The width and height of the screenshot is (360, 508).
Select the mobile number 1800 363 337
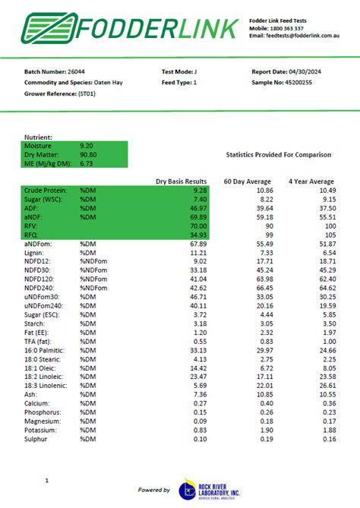pyautogui.click(x=288, y=27)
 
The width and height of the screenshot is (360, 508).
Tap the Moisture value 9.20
pyautogui.click(x=87, y=144)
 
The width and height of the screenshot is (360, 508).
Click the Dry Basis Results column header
pyautogui.click(x=182, y=181)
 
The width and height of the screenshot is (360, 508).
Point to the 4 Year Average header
pyautogui.click(x=311, y=181)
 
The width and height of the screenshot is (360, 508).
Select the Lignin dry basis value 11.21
pyautogui.click(x=198, y=252)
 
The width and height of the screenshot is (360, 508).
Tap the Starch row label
pyautogui.click(x=36, y=323)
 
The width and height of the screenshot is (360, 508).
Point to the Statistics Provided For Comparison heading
pyautogui.click(x=279, y=155)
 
